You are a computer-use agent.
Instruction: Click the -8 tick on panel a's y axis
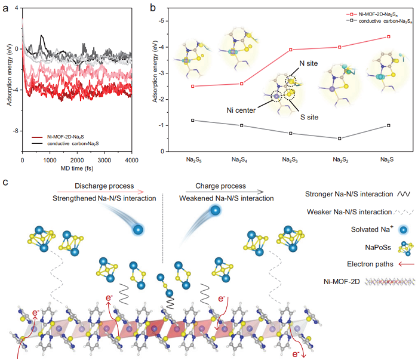pyautogui.click(x=17, y=130)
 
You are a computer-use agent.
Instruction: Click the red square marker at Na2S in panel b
pyautogui.click(x=389, y=37)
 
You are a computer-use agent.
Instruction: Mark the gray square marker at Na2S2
pyautogui.click(x=339, y=139)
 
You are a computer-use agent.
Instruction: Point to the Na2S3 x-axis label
pyautogui.click(x=290, y=161)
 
